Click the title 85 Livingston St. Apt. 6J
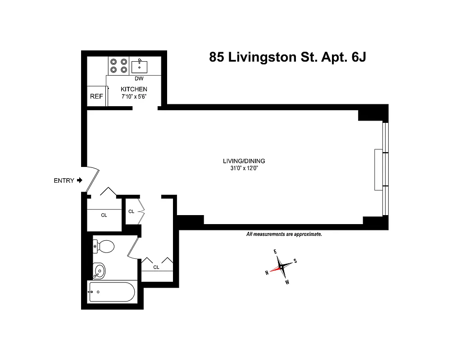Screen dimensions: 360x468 [287, 57]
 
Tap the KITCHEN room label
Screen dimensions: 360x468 [134, 90]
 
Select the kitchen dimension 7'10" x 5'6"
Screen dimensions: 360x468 [134, 97]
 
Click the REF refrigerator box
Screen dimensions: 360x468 [96, 96]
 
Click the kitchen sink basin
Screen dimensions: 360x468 [140, 66]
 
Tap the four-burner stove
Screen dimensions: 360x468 [119, 66]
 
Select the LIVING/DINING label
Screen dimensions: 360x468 [244, 161]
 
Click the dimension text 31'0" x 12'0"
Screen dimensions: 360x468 [244, 168]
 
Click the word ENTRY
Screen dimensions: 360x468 [64, 180]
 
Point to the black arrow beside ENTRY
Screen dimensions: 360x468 [80, 180]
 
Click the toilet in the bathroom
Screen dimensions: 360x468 [104, 246]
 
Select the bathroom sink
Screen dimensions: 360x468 [99, 271]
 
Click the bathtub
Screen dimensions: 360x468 [111, 292]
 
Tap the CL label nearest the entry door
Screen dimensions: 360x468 [104, 215]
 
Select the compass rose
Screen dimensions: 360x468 [281, 266]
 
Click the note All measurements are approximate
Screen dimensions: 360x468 [284, 234]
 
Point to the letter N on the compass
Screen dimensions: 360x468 [267, 272]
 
